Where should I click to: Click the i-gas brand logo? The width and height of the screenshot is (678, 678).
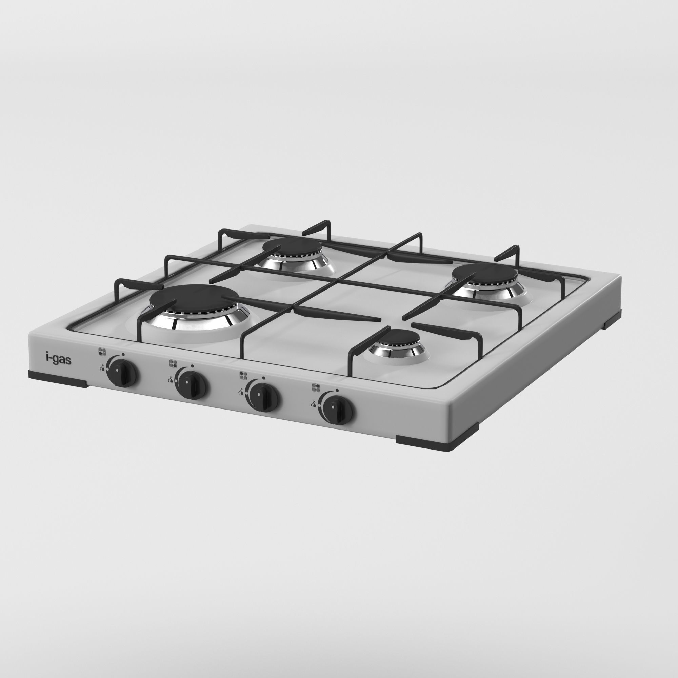click(x=59, y=359)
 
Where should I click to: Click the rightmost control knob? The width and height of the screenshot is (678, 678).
click(x=337, y=409)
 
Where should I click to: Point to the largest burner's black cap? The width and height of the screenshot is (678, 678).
click(x=194, y=297)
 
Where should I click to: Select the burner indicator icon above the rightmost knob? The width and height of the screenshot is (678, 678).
click(x=316, y=387)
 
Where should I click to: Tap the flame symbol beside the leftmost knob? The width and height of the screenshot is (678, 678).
click(x=102, y=367)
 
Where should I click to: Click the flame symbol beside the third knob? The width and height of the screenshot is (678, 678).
click(x=241, y=391)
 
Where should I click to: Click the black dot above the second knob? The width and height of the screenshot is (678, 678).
click(x=192, y=366)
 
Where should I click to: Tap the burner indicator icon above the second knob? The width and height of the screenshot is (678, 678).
click(x=173, y=363)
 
